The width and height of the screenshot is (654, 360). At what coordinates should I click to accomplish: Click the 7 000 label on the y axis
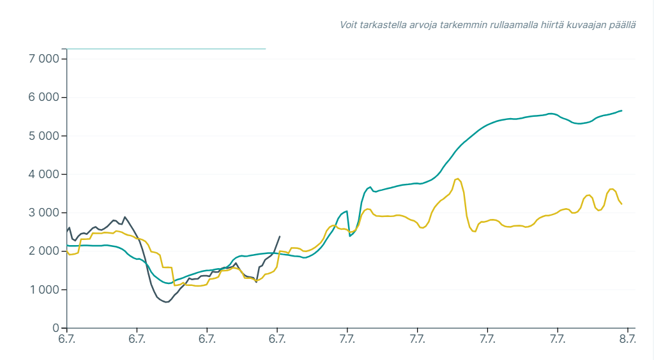click(44, 59)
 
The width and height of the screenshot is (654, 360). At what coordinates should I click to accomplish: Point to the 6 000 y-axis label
click(44, 97)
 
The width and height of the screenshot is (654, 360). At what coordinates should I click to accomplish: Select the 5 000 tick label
click(44, 136)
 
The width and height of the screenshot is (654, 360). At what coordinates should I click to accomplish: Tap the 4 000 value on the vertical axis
click(44, 174)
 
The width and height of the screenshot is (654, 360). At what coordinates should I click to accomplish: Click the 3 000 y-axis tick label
click(44, 213)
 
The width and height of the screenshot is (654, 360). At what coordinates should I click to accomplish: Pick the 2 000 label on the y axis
click(44, 251)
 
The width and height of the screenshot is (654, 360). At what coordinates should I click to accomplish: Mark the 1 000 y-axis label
click(44, 290)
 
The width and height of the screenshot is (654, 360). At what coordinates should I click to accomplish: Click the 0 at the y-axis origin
click(56, 328)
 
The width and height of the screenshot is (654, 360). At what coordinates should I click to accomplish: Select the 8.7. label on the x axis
click(628, 339)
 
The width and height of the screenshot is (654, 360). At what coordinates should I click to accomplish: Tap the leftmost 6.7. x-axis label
click(67, 339)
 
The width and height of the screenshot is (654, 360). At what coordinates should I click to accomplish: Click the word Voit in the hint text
click(349, 25)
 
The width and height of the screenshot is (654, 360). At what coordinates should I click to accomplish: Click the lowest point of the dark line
click(167, 302)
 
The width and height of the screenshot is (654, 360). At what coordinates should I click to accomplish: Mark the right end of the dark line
click(280, 236)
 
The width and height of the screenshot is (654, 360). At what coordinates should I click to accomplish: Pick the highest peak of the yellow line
click(458, 179)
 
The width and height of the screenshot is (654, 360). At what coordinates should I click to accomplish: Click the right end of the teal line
click(621, 110)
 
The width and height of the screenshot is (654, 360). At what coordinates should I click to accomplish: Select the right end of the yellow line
click(621, 204)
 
